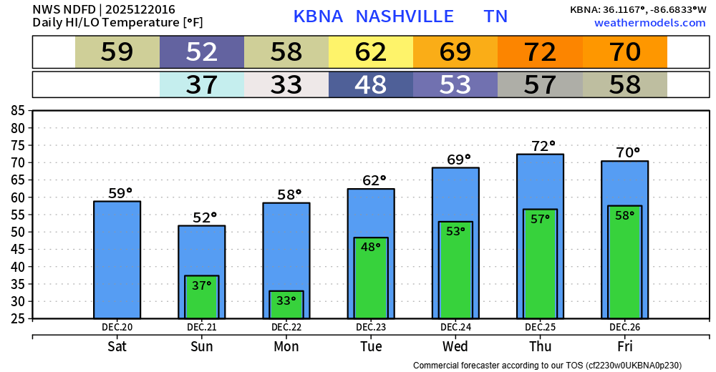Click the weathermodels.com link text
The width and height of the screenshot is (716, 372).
pos(649,23)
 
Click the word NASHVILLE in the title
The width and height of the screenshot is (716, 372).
pos(405,16)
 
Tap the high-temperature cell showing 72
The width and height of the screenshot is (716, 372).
pos(540,52)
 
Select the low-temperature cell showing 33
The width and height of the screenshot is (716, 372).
pos(286,85)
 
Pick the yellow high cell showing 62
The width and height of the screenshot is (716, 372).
pos(371,52)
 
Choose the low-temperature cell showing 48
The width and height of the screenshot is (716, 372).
pos(371,85)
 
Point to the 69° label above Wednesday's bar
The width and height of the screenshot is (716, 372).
pos(455,159)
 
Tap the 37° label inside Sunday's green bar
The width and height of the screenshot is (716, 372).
pos(202,285)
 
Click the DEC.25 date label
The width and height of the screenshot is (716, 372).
pos(540,328)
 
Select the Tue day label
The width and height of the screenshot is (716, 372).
pos(371,347)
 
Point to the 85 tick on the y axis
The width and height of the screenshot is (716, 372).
pos(18,111)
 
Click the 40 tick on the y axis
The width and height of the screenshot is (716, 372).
pos(18,266)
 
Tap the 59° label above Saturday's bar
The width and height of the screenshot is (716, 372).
pos(120,193)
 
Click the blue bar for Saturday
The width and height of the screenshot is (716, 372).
pos(117,261)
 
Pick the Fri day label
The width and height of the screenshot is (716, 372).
pos(624,347)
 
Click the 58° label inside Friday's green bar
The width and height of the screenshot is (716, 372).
pos(624,215)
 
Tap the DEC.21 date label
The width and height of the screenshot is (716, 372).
pos(202,328)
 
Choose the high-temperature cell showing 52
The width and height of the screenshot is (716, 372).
pos(202,52)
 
